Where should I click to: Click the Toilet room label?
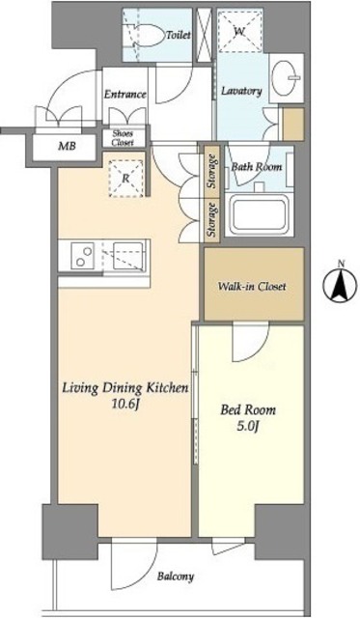click(x=179, y=35)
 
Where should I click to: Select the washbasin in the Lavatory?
click(x=286, y=77)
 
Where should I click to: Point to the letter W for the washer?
click(x=239, y=32)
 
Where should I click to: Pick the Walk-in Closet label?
click(x=252, y=286)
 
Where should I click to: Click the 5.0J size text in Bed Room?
click(x=248, y=426)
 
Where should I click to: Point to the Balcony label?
click(x=176, y=576)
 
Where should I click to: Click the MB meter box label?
click(x=67, y=147)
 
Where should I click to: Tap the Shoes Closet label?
click(x=123, y=138)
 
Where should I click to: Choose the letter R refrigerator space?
click(x=125, y=178)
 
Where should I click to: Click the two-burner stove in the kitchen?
click(x=82, y=255)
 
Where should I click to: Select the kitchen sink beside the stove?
click(x=129, y=255)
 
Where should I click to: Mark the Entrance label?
click(x=125, y=95)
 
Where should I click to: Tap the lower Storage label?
click(x=212, y=221)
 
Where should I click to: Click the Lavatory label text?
click(x=241, y=91)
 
